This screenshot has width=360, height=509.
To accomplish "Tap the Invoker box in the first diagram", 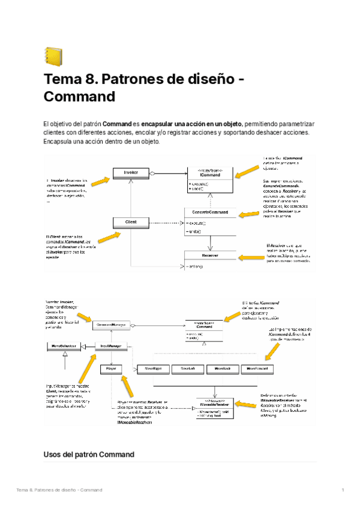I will pos(130,173).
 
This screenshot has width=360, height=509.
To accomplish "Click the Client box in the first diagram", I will pos(130,222).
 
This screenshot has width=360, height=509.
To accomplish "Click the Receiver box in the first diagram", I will pos(210,256).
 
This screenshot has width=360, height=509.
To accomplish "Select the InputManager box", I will pos(112,347).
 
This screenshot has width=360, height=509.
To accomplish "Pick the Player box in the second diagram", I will pos(112,368).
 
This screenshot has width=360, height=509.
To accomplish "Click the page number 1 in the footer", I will pos(342,490).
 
